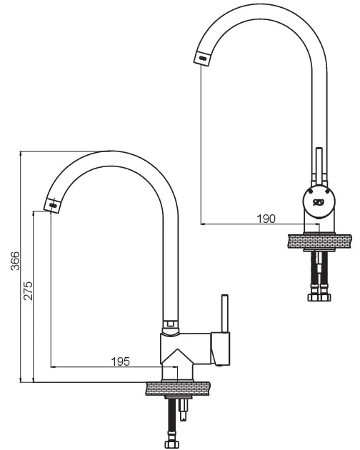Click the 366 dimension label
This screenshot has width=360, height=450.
15,261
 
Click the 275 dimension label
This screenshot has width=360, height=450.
29,291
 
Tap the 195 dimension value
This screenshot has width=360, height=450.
120,361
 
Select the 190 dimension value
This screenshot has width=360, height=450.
266,219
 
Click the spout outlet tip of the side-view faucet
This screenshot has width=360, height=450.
52,205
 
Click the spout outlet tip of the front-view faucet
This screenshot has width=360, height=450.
202,59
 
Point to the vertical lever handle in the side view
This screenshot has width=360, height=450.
224,314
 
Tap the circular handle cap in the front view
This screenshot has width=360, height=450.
319,201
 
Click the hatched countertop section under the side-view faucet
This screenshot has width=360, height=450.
178,389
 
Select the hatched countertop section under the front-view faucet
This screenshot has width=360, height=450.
320,241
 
